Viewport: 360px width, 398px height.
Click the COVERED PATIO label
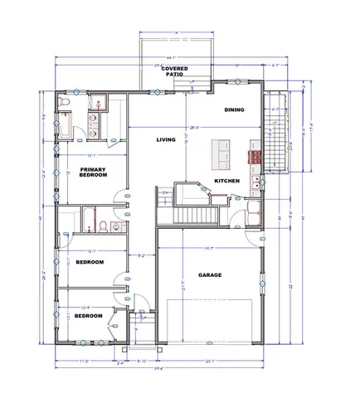pos(174,70)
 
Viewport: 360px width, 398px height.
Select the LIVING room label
pos(167,139)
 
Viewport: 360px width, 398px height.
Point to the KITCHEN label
pos(227,180)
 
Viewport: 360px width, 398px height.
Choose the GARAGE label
pos(209,274)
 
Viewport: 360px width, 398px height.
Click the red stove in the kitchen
pos(251,154)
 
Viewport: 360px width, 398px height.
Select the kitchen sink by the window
pos(259,178)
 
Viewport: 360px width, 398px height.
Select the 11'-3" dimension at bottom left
pos(83,362)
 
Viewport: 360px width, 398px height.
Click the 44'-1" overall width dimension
pos(159,56)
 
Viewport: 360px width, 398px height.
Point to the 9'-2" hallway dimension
pos(141,255)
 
